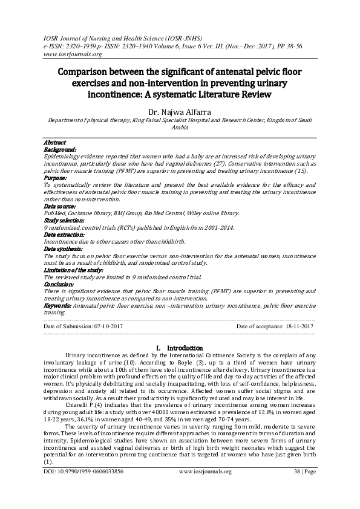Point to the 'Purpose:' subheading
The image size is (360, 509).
click(x=56, y=178)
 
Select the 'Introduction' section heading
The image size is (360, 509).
click(x=184, y=348)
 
